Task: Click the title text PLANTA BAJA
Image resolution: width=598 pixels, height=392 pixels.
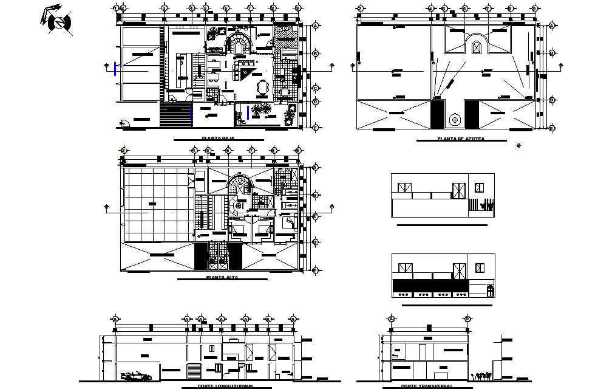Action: click(x=218, y=139)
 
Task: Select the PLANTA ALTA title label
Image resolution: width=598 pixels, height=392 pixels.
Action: click(x=222, y=277)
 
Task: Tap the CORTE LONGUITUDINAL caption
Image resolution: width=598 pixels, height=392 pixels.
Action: click(x=225, y=386)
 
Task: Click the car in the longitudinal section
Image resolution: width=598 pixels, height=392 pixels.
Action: click(x=137, y=377)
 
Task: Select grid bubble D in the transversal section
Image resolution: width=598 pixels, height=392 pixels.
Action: click(x=467, y=319)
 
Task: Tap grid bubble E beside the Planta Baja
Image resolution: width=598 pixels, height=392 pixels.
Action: click(x=316, y=127)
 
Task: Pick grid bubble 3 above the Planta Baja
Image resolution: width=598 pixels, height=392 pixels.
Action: click(x=164, y=8)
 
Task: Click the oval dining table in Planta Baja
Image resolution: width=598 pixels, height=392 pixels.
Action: click(x=262, y=88)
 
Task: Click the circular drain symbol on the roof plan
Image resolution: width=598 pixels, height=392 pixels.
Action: click(x=454, y=120)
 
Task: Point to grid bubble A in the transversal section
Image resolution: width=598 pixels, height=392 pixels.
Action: click(x=391, y=319)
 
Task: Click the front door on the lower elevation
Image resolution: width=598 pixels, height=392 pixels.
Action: click(x=490, y=291)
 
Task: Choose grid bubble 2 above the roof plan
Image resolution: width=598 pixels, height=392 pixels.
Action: click(x=360, y=9)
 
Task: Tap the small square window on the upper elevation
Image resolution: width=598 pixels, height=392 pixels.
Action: click(x=480, y=188)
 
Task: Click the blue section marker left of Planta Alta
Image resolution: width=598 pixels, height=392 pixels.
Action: click(x=107, y=207)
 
